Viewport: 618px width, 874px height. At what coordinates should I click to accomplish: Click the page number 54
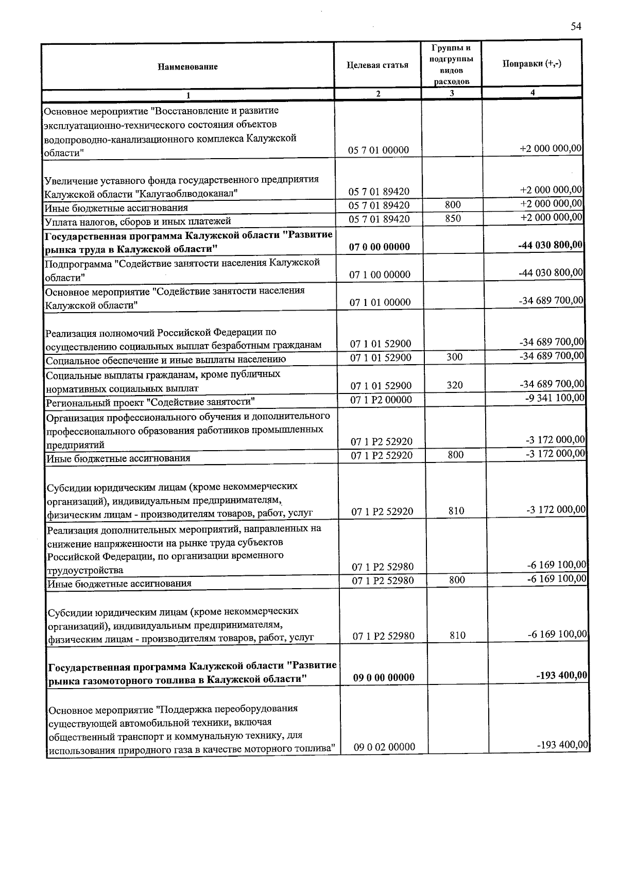point(576,27)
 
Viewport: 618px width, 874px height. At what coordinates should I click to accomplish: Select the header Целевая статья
point(377,65)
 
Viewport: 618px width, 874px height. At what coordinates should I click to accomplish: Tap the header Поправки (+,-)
point(531,63)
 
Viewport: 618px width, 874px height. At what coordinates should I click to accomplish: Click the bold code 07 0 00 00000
point(380,247)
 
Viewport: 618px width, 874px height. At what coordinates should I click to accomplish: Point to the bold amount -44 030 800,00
point(550,245)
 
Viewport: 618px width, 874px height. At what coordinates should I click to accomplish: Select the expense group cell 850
point(453,218)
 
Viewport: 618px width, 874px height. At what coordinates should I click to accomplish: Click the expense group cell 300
point(454,356)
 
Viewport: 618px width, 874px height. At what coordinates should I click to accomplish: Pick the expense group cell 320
point(455,385)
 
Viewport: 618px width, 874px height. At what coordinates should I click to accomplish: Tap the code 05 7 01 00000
point(379,150)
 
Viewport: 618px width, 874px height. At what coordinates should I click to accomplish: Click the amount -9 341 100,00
point(555,398)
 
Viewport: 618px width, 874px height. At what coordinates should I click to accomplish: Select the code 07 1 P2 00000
point(381,400)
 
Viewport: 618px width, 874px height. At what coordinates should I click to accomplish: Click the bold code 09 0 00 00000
point(384,677)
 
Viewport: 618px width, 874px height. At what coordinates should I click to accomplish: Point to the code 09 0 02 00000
point(384,746)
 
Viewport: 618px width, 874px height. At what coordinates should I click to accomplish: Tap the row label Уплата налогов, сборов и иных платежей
point(138,221)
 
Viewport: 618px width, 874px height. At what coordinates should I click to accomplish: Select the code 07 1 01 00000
point(380,302)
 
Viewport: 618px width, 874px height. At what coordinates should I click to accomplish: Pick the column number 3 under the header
point(451,93)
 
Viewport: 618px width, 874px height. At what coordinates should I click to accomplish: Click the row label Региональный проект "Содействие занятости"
point(150,402)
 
